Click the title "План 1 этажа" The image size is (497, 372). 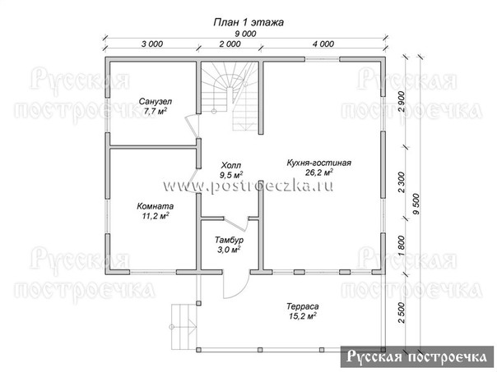coord(248,22)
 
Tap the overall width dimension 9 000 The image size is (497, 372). coord(245,34)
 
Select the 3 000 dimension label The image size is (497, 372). coord(152,44)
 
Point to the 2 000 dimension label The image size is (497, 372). coord(230,44)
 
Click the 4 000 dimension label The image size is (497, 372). coord(323,44)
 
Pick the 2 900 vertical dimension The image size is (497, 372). coord(402,102)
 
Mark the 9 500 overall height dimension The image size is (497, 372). coord(416,204)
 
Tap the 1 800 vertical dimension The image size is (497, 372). coord(402,246)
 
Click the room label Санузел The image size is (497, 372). coord(156,102)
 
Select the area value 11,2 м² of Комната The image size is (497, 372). coord(156,216)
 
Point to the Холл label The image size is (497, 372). coord(231,165)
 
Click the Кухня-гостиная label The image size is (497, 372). coord(319,163)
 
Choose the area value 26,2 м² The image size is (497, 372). coord(319,172)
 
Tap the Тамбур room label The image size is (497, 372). coord(230,240)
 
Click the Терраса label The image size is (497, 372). coord(303,306)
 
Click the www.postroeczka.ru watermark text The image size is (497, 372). coord(248,186)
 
